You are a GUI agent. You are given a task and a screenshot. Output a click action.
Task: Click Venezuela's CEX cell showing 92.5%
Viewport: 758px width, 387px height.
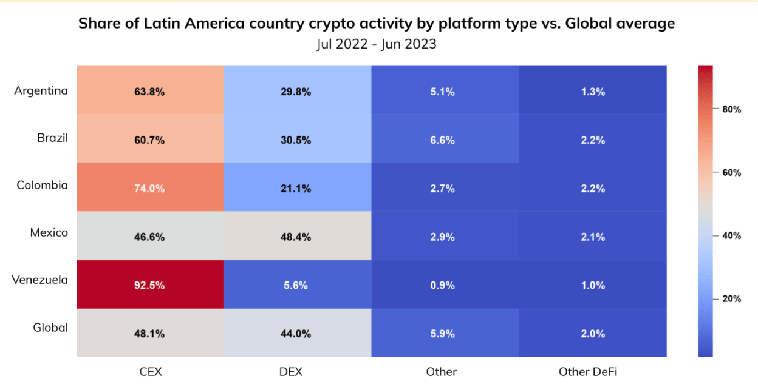tap(150, 284)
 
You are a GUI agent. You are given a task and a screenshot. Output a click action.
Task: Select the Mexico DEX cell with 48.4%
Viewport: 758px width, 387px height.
tap(298, 235)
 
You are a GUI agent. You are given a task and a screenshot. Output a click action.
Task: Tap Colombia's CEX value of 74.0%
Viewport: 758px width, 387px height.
tap(150, 187)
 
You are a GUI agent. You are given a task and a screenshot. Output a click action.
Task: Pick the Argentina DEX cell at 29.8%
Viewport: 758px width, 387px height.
tap(298, 90)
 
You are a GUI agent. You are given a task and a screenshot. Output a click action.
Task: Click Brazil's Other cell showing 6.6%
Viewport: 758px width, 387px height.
tap(445, 138)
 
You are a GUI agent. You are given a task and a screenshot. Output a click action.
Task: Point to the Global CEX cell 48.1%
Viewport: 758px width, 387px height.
tap(150, 333)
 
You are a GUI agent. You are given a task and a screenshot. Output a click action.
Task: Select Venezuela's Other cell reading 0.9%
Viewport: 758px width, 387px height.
tap(445, 284)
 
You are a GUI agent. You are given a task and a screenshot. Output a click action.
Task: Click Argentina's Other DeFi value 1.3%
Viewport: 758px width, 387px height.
tap(593, 90)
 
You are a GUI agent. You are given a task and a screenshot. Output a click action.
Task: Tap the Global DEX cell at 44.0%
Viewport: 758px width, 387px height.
tap(298, 333)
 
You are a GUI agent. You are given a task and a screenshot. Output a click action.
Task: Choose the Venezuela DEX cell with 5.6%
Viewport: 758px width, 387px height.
tap(298, 284)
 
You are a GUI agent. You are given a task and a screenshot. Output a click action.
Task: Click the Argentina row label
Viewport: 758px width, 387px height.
tap(41, 91)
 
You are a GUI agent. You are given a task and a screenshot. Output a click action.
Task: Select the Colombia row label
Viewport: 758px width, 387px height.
tap(43, 185)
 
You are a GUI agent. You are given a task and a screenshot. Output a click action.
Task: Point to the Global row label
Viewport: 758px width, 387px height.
tap(50, 328)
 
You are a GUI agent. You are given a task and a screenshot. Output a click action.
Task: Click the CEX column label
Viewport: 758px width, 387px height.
tap(151, 372)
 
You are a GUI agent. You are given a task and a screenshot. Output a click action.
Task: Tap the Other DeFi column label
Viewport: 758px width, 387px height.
tap(588, 372)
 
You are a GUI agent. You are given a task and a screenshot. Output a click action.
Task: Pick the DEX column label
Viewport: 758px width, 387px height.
tap(291, 372)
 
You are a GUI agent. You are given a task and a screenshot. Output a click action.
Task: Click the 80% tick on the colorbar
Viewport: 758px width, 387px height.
tap(731, 109)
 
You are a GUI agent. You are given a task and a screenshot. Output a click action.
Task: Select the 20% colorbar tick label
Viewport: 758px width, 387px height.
tap(731, 299)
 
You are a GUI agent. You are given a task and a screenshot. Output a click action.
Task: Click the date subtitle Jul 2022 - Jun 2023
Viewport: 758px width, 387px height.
tap(377, 44)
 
